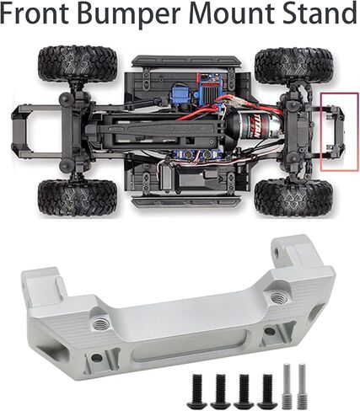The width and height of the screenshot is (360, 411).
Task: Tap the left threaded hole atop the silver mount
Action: [103, 322]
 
